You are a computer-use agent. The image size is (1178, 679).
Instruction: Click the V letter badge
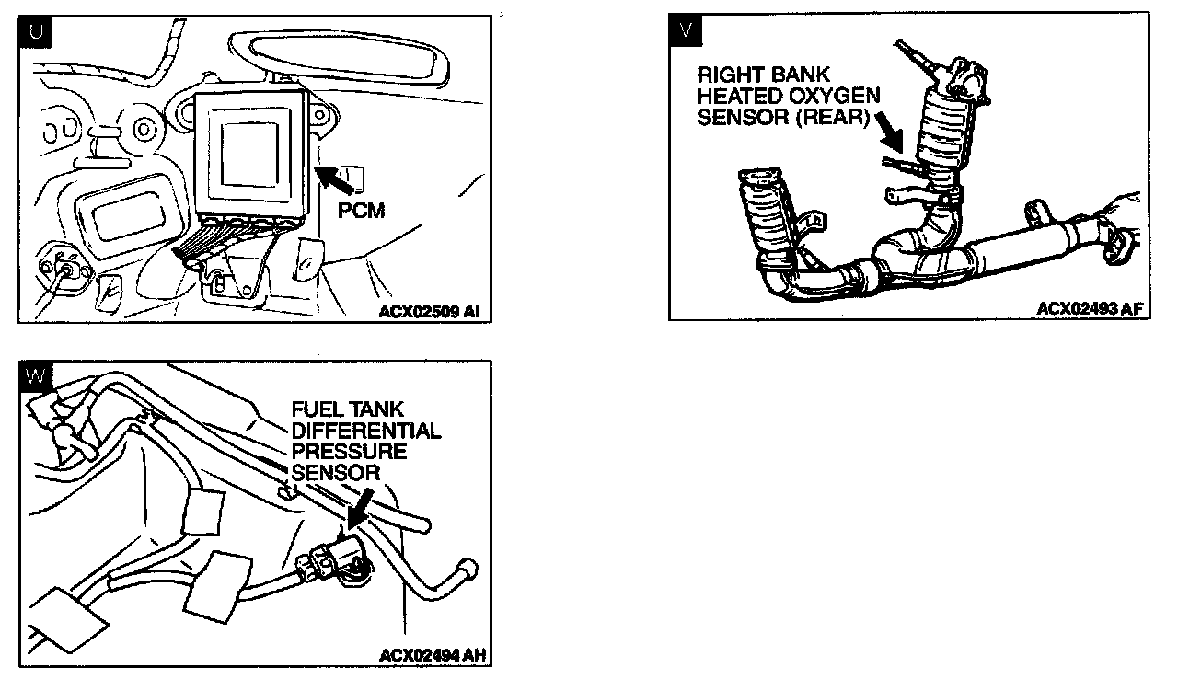[x=685, y=29]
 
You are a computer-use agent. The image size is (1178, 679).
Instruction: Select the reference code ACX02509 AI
[x=429, y=312]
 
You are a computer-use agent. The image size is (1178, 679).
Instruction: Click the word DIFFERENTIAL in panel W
[x=365, y=431]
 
